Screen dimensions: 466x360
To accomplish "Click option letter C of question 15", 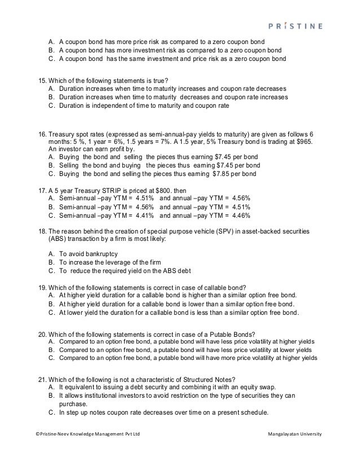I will click(x=51, y=105).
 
